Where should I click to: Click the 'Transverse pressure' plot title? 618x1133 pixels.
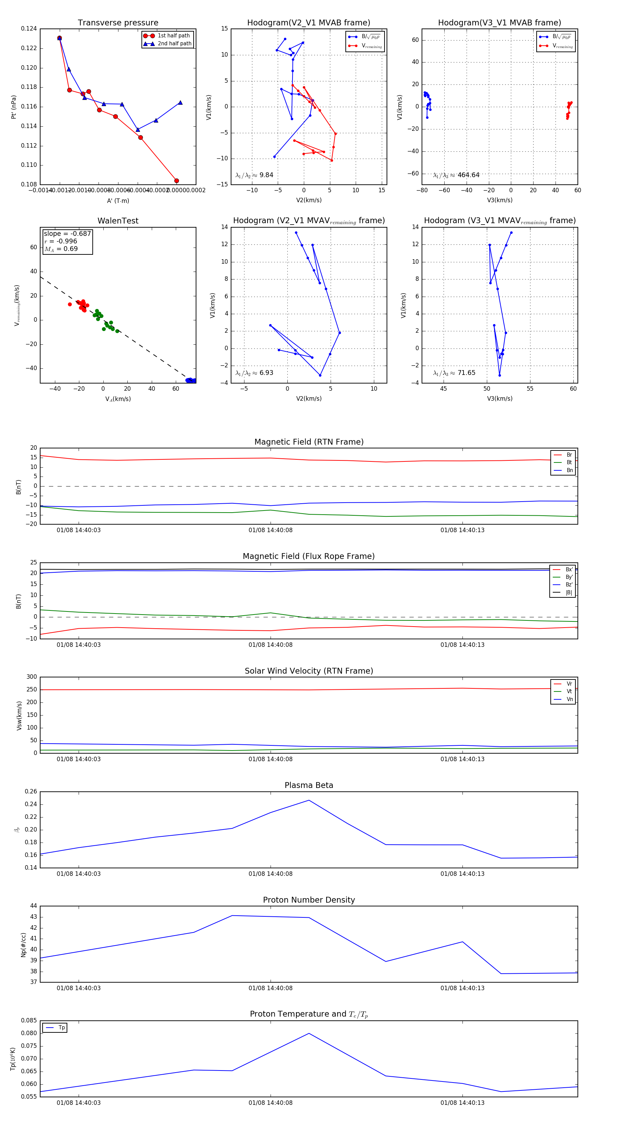118,23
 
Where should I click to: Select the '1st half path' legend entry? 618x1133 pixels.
173,36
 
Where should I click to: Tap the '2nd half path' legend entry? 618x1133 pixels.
174,44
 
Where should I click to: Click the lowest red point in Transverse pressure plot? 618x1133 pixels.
176,181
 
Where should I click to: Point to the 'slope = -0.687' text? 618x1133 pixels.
67,233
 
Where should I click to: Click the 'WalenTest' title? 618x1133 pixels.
118,221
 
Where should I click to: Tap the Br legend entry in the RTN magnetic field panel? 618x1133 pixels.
569,455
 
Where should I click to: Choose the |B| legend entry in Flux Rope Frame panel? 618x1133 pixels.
569,593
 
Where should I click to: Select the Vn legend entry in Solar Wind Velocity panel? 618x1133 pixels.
569,699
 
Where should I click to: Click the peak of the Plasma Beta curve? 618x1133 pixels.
309,800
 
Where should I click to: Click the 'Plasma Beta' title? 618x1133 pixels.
309,785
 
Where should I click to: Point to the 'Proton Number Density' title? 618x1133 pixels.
309,900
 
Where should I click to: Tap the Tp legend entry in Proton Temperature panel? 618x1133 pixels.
61,1028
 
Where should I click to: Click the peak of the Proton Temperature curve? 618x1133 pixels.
309,1033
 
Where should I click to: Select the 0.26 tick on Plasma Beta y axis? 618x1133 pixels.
31,791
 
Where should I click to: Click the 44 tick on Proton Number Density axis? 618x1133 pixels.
33,906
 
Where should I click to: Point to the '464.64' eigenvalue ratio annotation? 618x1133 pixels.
468,175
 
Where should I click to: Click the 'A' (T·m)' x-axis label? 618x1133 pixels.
118,201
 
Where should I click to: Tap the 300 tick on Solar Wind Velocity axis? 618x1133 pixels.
32,677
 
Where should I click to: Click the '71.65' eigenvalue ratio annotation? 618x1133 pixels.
466,373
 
